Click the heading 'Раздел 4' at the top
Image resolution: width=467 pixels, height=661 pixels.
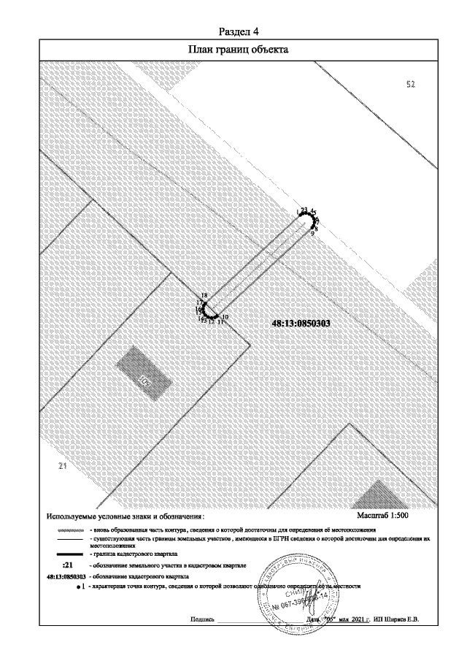tap(240, 32)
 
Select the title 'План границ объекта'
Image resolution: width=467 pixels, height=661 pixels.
tap(240, 50)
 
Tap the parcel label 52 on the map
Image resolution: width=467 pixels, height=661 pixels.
tap(410, 85)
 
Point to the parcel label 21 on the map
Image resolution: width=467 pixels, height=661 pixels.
tap(62, 466)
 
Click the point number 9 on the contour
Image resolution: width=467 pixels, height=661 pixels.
tap(312, 234)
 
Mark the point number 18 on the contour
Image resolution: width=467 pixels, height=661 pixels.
tap(204, 295)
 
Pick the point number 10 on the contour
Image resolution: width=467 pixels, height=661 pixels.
tap(225, 317)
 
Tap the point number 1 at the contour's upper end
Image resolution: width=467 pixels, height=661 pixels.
tap(298, 212)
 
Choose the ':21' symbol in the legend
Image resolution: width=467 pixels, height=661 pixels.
tap(69, 565)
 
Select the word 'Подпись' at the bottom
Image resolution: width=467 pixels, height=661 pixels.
tap(201, 619)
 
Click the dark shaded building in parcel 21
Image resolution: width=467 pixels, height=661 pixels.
tap(144, 370)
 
